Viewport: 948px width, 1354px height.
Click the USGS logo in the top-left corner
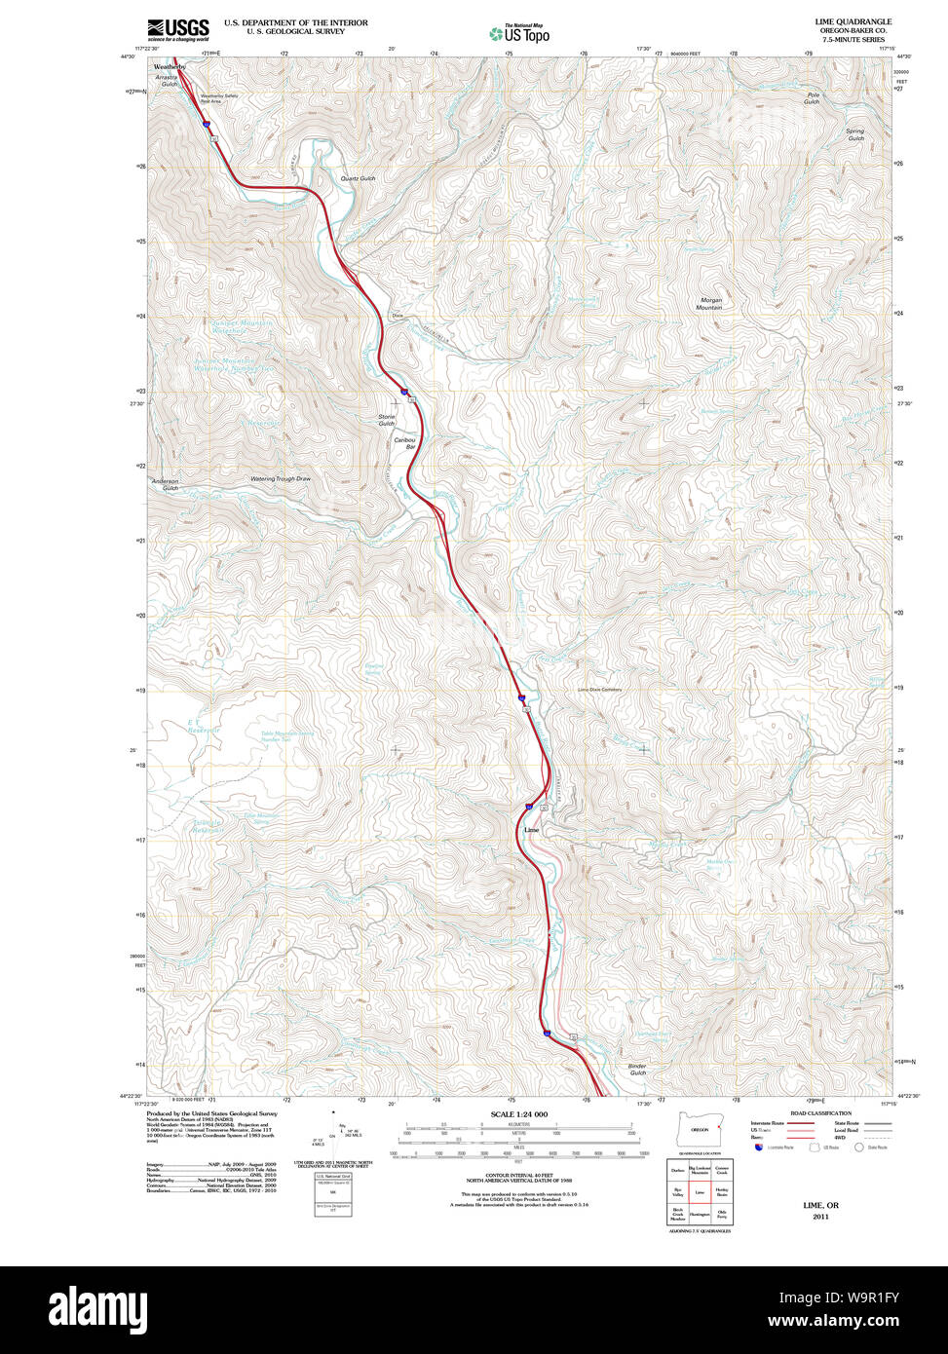click(177, 29)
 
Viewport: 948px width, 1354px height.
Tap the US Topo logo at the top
click(519, 33)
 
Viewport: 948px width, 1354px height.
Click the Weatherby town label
click(170, 66)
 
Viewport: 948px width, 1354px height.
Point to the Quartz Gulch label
click(358, 179)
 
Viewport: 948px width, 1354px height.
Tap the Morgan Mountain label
click(709, 304)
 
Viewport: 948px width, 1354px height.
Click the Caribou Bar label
click(404, 443)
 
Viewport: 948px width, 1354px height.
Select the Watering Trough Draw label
click(281, 478)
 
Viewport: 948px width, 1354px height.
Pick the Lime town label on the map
click(531, 830)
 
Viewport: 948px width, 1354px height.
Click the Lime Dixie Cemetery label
click(599, 690)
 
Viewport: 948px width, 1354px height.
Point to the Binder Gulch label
click(637, 1070)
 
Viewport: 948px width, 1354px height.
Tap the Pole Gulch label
click(812, 98)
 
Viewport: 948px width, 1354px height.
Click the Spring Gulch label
click(854, 134)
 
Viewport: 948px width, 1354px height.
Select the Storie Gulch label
click(387, 420)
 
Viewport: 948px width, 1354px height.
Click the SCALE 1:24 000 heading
click(518, 1114)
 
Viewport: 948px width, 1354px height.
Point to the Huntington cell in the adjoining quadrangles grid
click(700, 1215)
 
